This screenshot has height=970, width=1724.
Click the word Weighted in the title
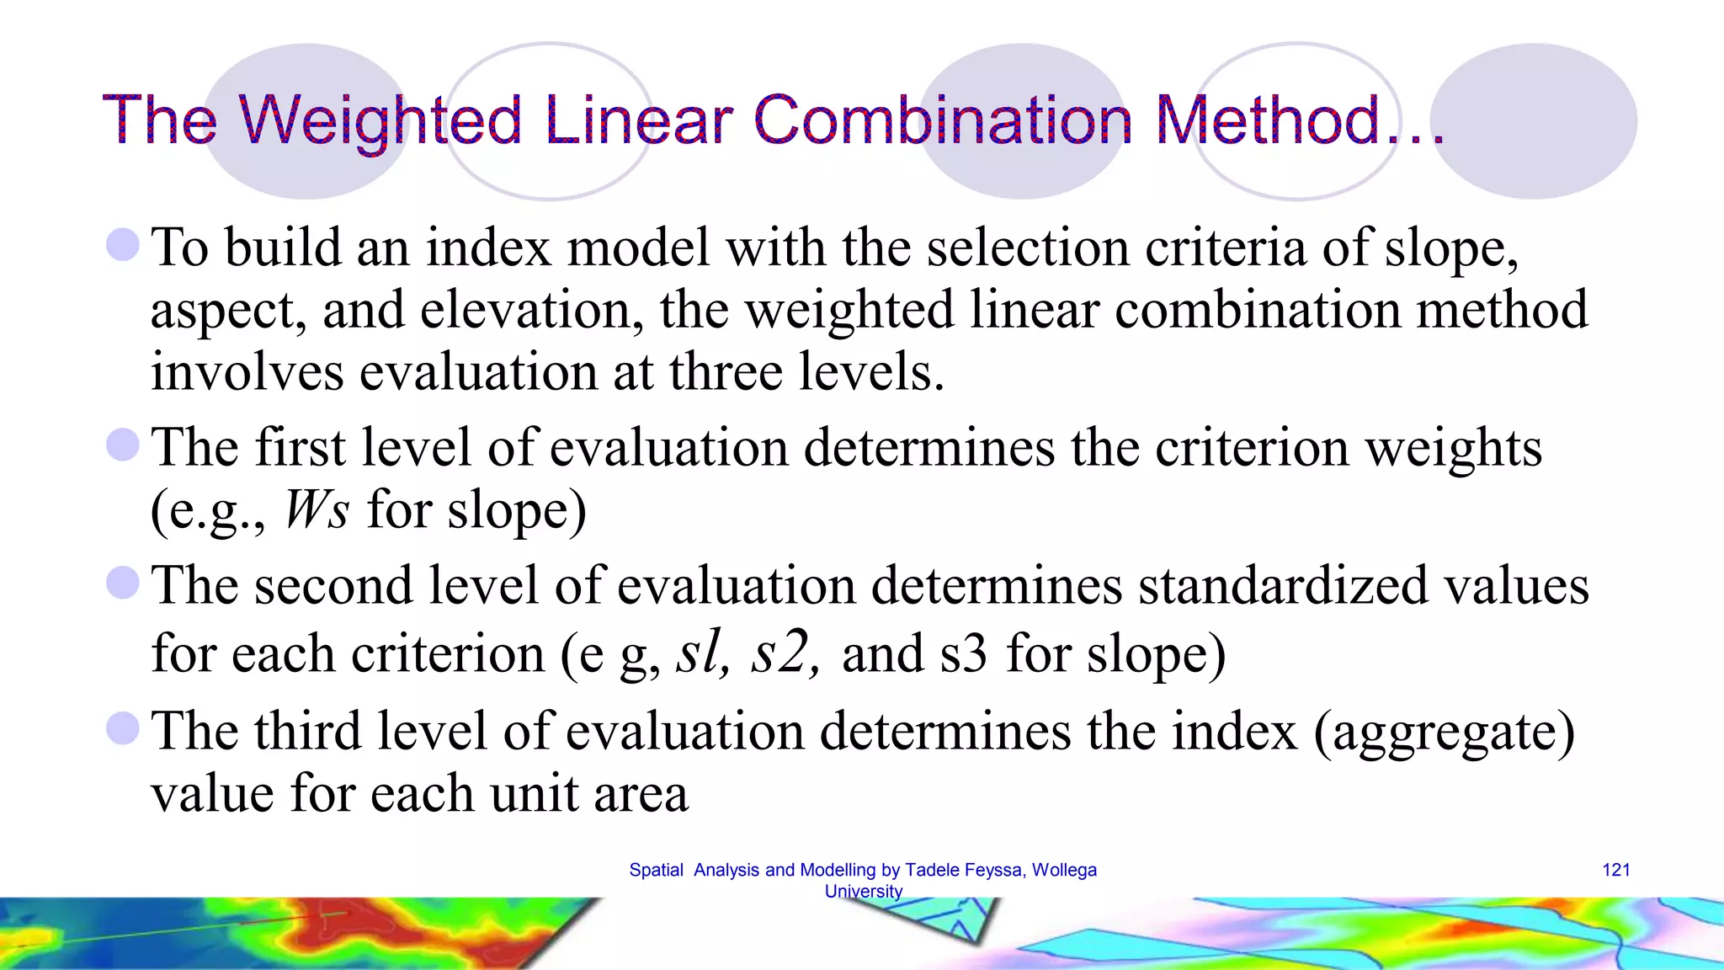[x=380, y=120]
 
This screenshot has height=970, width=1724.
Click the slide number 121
[x=1615, y=870]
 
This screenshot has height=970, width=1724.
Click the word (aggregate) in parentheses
[x=1444, y=731]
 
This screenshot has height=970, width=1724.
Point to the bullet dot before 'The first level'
[x=123, y=445]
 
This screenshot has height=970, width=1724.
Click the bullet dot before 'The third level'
[x=123, y=728]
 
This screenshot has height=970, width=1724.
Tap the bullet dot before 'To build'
[x=123, y=245]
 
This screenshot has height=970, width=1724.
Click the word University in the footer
[x=863, y=891]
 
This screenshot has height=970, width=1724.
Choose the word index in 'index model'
[x=487, y=248]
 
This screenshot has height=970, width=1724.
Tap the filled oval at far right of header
[x=1534, y=121]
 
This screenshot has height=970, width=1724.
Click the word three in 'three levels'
[x=726, y=371]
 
